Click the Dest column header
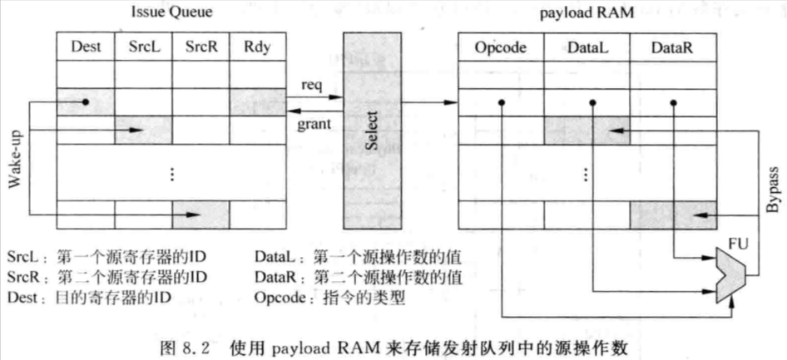click(86, 47)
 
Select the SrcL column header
click(143, 47)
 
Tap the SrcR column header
click(200, 47)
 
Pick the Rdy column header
click(258, 47)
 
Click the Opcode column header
click(501, 47)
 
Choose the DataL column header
click(586, 47)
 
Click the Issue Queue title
click(171, 13)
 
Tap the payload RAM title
click(587, 13)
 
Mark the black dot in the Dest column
click(86, 102)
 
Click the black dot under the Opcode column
click(501, 103)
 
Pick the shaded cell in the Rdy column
click(258, 102)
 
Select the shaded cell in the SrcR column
click(200, 215)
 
